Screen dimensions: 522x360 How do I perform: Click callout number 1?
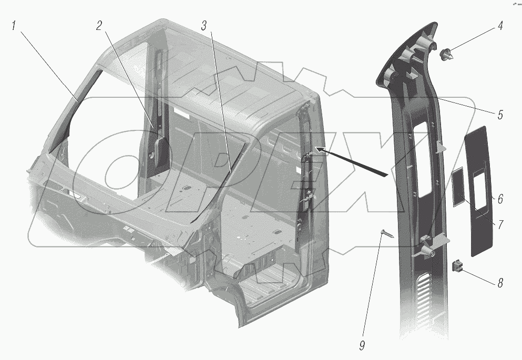(16, 27)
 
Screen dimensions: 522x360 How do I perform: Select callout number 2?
(99, 27)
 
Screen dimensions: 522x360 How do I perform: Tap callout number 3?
(204, 27)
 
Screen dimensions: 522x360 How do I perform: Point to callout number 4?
(500, 26)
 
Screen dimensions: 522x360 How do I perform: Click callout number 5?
(500, 114)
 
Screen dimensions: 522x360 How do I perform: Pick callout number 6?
(500, 199)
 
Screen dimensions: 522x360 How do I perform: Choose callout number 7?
(500, 224)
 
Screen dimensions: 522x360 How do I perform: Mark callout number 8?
(500, 283)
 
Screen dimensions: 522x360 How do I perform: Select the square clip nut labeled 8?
(457, 266)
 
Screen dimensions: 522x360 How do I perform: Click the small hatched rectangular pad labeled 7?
(458, 187)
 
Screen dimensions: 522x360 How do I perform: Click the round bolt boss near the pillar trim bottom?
(432, 253)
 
